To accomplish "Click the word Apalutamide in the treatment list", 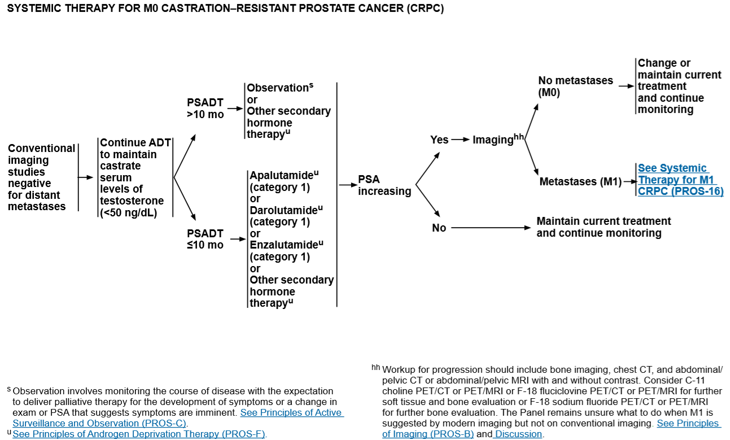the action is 282,175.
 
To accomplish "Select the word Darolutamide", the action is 283,210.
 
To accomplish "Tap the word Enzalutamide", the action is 284,245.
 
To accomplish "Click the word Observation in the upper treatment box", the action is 278,88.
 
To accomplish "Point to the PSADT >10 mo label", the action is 206,108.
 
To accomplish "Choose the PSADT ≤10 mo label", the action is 206,239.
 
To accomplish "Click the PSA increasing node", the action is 384,185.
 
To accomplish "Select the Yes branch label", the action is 439,140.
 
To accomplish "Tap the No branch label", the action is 439,228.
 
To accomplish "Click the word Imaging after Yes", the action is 493,140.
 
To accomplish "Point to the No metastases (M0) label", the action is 575,86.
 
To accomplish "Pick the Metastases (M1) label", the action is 580,181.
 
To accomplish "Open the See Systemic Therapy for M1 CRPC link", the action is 680,180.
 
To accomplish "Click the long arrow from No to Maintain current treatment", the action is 491,228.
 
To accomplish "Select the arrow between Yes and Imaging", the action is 461,140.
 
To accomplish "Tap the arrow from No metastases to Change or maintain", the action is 626,86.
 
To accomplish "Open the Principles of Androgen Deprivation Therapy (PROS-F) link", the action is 139,434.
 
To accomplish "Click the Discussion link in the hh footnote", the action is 518,434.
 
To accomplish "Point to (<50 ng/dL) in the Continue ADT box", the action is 128,212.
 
